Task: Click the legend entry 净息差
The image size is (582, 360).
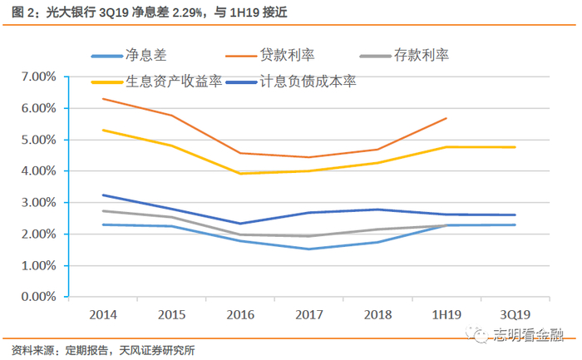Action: tap(129, 56)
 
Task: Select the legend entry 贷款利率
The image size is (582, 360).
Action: tap(270, 56)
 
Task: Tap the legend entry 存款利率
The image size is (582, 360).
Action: tap(405, 56)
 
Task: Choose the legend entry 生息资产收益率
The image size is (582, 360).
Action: tap(156, 81)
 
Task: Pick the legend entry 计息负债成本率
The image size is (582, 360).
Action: tap(291, 81)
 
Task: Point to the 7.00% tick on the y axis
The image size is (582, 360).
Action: tap(38, 76)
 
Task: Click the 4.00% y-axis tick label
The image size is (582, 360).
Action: tap(38, 171)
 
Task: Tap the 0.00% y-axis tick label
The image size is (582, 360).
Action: tap(38, 297)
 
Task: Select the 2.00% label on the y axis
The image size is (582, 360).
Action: tap(38, 234)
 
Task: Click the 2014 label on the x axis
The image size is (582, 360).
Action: tap(103, 315)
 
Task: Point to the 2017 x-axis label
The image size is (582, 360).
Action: tap(309, 315)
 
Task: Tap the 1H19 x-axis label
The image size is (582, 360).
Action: tap(446, 315)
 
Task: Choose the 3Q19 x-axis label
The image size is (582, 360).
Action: tap(515, 315)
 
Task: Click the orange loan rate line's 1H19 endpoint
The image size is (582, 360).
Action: tap(446, 118)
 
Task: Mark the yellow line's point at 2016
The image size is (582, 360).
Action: tap(240, 174)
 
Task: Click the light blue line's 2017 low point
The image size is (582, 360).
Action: tap(309, 249)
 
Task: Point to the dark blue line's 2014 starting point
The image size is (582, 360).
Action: tap(103, 195)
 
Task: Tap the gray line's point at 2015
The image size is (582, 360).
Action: tap(172, 217)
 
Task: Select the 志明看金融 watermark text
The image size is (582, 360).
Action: tap(529, 334)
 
